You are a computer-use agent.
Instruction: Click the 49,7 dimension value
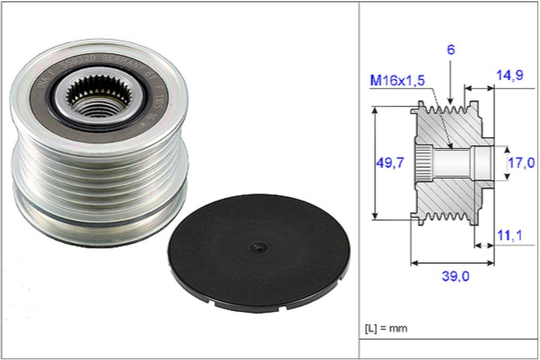pyautogui.click(x=390, y=163)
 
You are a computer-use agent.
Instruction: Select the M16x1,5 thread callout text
pyautogui.click(x=397, y=81)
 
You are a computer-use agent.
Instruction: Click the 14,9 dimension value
pyautogui.click(x=509, y=75)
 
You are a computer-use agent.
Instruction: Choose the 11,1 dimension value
pyautogui.click(x=509, y=236)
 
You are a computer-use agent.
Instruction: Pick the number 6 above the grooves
pyautogui.click(x=450, y=51)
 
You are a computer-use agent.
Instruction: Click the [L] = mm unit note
pyautogui.click(x=386, y=328)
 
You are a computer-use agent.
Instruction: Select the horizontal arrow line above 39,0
pyautogui.click(x=452, y=262)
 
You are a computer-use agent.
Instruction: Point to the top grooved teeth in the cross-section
pyautogui.click(x=448, y=111)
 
